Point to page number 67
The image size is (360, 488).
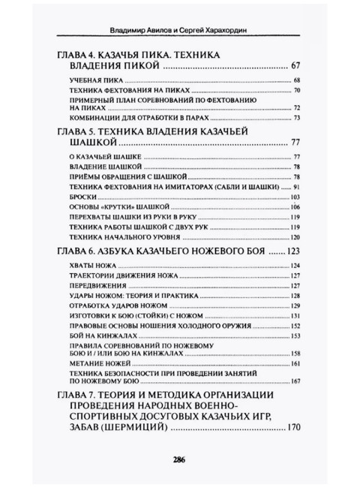pyautogui.click(x=294, y=67)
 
